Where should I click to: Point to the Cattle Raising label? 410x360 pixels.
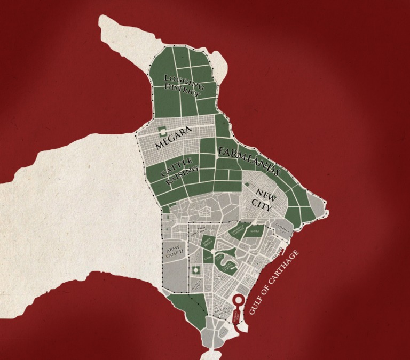click(x=179, y=172)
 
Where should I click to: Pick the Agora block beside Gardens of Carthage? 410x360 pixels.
click(x=255, y=232)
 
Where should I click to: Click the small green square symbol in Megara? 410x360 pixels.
click(x=162, y=130)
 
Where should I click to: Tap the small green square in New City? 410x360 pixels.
click(x=247, y=185)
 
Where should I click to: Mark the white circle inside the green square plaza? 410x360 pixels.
click(x=195, y=269)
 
